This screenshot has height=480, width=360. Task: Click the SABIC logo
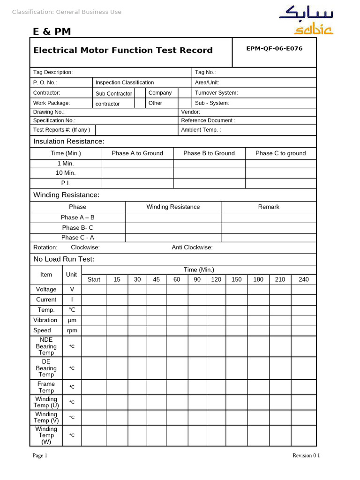[x=306, y=20]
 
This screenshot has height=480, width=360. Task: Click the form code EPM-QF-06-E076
[x=274, y=49]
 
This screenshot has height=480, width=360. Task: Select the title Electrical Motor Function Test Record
[x=123, y=50]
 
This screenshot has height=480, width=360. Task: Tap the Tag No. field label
[x=205, y=73]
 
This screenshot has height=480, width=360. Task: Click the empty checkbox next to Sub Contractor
[x=140, y=93]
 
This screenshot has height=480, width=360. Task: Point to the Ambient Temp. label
[x=201, y=130]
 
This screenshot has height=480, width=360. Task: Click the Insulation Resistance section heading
[x=68, y=142]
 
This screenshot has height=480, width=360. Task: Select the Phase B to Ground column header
[x=209, y=153]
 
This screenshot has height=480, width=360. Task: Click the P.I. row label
[x=66, y=183]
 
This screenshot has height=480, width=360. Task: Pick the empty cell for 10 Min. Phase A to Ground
[x=137, y=173]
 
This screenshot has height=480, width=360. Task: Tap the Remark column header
[x=269, y=207]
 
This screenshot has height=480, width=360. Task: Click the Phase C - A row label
[x=77, y=238]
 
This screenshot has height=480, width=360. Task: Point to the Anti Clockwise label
[x=192, y=247]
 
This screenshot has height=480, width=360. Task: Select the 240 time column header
[x=304, y=279]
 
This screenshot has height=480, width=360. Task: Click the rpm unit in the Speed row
[x=72, y=330]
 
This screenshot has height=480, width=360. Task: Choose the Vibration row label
[x=45, y=320]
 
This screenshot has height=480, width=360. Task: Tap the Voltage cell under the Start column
[x=94, y=290]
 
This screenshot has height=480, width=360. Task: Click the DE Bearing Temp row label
[x=46, y=368]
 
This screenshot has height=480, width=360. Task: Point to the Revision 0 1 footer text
[x=306, y=456]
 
